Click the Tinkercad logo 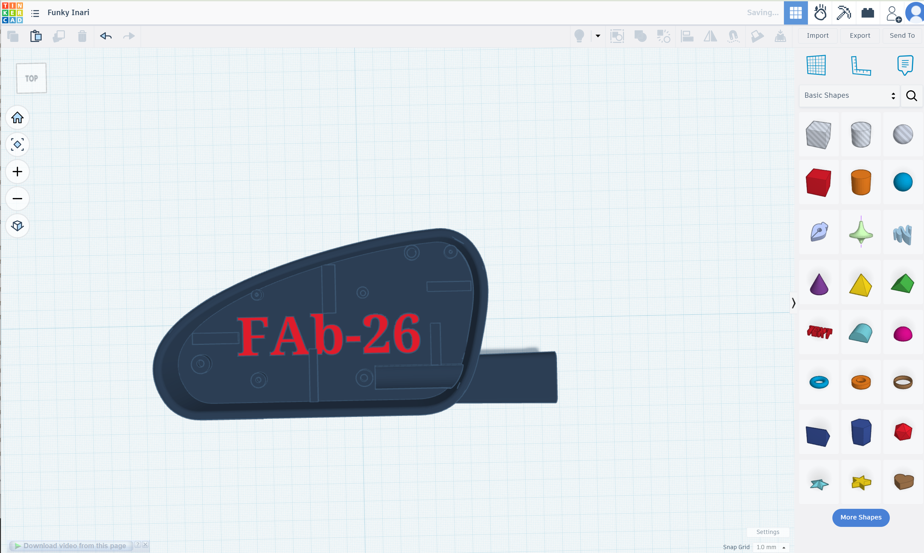[x=12, y=13]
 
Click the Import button [x=818, y=35]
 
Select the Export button [x=859, y=35]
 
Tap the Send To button [x=902, y=35]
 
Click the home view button [x=17, y=117]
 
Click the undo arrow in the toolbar [x=106, y=36]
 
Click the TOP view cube [x=32, y=78]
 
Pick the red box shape [x=818, y=182]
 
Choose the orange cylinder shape [x=861, y=182]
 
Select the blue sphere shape [x=902, y=182]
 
